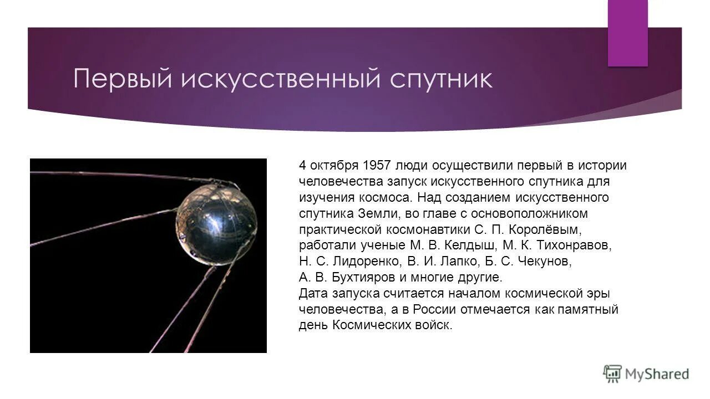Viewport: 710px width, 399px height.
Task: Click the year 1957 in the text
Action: coord(376,165)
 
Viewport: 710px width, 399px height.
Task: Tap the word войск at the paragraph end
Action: coord(435,325)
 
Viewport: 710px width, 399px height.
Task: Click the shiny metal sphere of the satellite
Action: coord(217,224)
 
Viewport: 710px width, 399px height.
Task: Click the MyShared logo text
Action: coord(657,374)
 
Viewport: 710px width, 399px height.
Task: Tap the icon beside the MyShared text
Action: coord(612,374)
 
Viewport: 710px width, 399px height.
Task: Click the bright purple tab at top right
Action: coord(627,33)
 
